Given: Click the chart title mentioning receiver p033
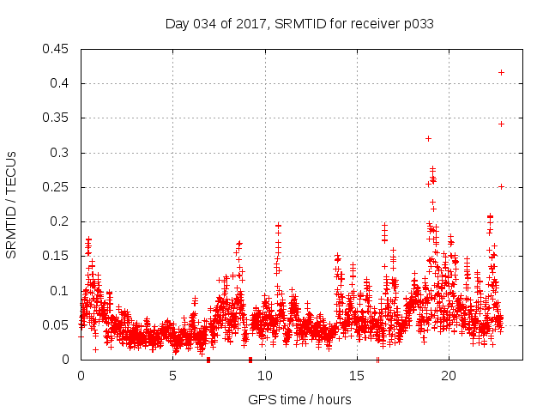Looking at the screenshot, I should point(299,24).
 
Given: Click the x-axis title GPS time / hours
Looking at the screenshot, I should point(299,399).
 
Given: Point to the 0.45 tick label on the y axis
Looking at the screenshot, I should point(57,49).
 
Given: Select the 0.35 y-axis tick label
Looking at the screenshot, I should point(57,118).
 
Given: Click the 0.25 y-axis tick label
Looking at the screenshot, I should point(57,187).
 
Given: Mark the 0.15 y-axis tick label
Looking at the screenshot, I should point(57,257).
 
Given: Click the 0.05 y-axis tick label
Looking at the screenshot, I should point(57,325).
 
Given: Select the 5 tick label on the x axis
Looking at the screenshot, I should point(172,376).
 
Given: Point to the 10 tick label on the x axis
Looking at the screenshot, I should point(264,376).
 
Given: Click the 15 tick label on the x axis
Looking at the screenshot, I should point(356,376).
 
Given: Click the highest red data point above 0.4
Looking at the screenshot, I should point(501,72).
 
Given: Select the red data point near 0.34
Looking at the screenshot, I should point(501,124).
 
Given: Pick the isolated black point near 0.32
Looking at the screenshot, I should point(428,138).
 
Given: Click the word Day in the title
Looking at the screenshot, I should point(176,24).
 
